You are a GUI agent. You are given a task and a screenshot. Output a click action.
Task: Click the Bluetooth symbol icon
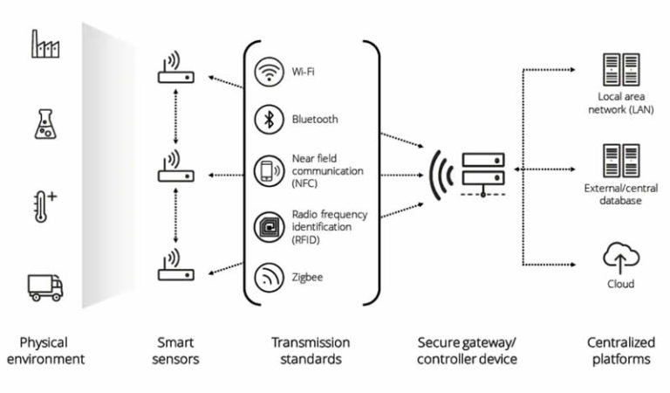coord(267,120)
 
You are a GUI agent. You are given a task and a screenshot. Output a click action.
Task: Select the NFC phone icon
coord(267,171)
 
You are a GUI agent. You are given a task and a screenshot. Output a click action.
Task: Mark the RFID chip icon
coord(267,224)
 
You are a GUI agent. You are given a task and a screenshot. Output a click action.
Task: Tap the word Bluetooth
coord(315,120)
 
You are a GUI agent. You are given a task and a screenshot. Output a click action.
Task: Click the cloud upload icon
coord(621,258)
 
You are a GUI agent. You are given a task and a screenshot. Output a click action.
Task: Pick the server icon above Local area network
coord(621,69)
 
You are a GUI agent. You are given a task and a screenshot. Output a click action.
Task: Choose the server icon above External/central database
coord(621,162)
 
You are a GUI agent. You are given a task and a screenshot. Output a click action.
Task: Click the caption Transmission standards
coord(311,351)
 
